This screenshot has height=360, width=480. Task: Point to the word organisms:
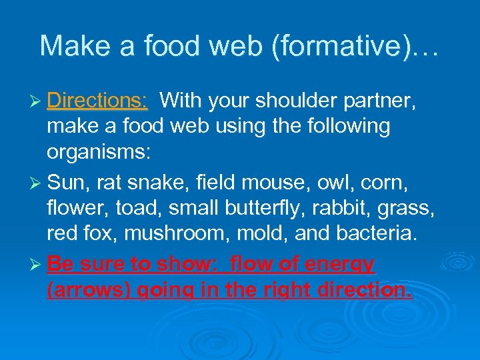pyautogui.click(x=99, y=151)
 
